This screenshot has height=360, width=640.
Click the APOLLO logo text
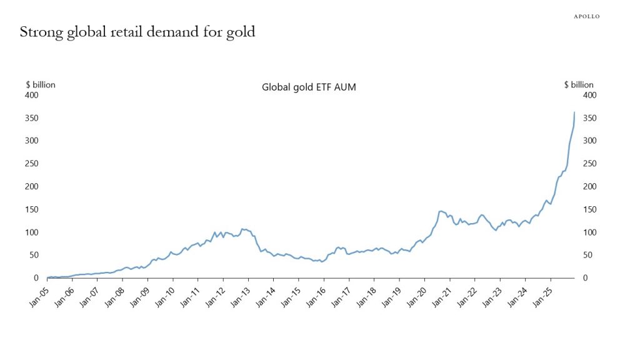pos(586,16)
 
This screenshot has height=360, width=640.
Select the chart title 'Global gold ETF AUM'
pos(309,87)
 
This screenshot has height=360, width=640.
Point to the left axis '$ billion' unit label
pos(41,85)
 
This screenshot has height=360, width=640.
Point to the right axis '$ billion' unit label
pos(579,85)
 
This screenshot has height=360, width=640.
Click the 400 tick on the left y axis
pos(32,95)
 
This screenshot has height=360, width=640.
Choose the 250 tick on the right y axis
pos(589,164)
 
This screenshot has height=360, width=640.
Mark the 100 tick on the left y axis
pos(32,232)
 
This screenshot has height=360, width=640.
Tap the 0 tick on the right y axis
pos(586,278)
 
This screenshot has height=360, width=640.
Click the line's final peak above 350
pos(574,112)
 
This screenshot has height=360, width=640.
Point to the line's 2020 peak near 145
pos(441,211)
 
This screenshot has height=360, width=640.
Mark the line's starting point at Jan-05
pos(47,277)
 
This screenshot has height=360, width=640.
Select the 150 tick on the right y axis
pos(589,209)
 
